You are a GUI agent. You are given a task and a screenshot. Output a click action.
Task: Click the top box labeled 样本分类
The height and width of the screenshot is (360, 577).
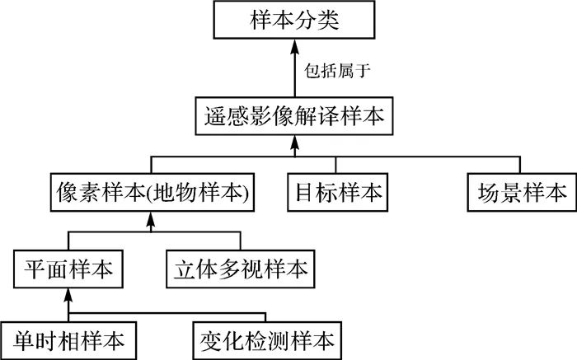point(294,21)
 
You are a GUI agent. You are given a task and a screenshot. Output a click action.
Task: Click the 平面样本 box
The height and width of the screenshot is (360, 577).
point(68,268)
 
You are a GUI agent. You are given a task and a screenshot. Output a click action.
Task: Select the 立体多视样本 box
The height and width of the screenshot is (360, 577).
point(240,268)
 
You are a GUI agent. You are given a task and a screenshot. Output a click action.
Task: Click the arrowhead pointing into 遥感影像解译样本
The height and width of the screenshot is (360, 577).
point(294,143)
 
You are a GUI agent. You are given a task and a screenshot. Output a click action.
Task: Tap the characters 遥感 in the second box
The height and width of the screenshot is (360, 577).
point(225,116)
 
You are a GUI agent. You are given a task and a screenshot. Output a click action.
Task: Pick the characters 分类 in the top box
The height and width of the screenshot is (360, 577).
point(318,21)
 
